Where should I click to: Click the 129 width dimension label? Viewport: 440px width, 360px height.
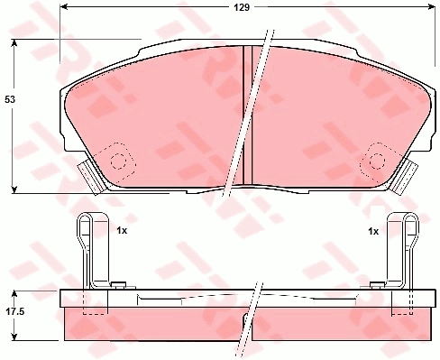[x=242, y=7]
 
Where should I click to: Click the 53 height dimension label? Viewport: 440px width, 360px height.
[x=10, y=99]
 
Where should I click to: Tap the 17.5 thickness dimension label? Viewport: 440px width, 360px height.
[x=15, y=311]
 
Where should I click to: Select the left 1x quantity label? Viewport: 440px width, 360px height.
[x=122, y=231]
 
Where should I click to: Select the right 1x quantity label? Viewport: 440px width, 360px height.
[x=373, y=231]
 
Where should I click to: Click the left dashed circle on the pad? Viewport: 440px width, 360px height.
[x=118, y=162]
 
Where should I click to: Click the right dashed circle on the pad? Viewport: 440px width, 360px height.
[x=377, y=161]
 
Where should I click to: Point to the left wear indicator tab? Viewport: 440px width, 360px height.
[x=91, y=178]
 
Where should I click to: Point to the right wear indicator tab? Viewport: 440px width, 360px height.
[x=405, y=178]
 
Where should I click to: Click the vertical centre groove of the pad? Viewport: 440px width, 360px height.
[x=247, y=115]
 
